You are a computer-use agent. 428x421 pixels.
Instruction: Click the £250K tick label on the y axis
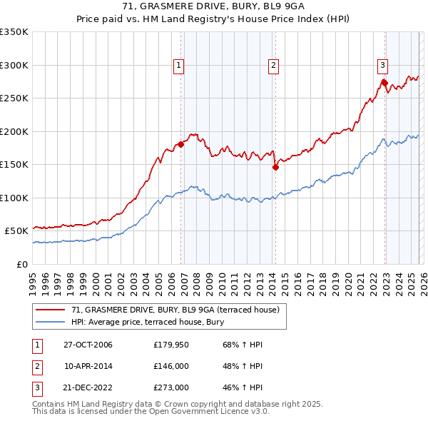tap(14, 98)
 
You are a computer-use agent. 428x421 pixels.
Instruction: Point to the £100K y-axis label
tap(14, 198)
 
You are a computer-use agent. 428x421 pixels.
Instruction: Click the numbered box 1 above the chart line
tap(178, 66)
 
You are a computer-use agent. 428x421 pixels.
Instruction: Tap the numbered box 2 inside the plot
tap(273, 66)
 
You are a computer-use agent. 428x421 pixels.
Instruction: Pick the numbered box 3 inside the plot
tap(382, 66)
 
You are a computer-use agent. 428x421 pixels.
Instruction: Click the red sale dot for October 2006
tap(180, 144)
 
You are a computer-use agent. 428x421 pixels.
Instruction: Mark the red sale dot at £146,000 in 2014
tap(275, 167)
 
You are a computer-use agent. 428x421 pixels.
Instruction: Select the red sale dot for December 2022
tap(384, 83)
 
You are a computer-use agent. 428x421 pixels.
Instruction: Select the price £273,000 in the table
tap(170, 389)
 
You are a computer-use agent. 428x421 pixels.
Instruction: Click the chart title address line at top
tap(214, 7)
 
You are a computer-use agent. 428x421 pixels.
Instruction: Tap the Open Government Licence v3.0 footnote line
tap(151, 412)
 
